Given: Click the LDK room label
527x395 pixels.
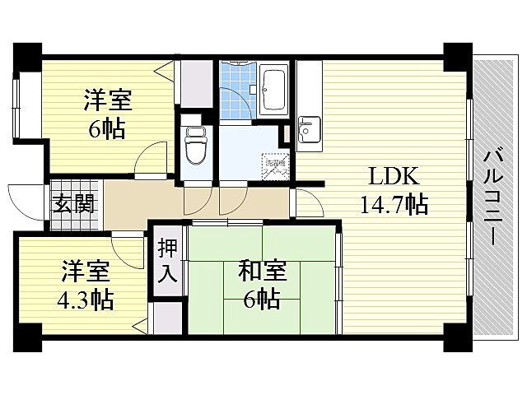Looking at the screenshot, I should pos(394,176).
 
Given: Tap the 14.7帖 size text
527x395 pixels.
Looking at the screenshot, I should pos(394,204).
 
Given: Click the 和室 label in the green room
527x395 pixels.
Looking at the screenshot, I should pos(262,269).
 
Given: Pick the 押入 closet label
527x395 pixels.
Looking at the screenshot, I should pos(167,259).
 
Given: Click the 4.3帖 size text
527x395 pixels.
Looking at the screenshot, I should pos(86,298).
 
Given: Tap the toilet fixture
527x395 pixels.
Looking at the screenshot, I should pos(195,146).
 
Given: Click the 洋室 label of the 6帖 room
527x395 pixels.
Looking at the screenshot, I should pos(108,102).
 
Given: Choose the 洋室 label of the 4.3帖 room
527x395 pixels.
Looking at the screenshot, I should pos(86,270).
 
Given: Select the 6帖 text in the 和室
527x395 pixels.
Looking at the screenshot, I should pos(262,298).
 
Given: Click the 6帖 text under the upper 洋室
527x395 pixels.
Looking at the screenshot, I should pos(108,129).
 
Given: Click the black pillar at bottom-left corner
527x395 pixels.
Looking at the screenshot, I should pos(26,336).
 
